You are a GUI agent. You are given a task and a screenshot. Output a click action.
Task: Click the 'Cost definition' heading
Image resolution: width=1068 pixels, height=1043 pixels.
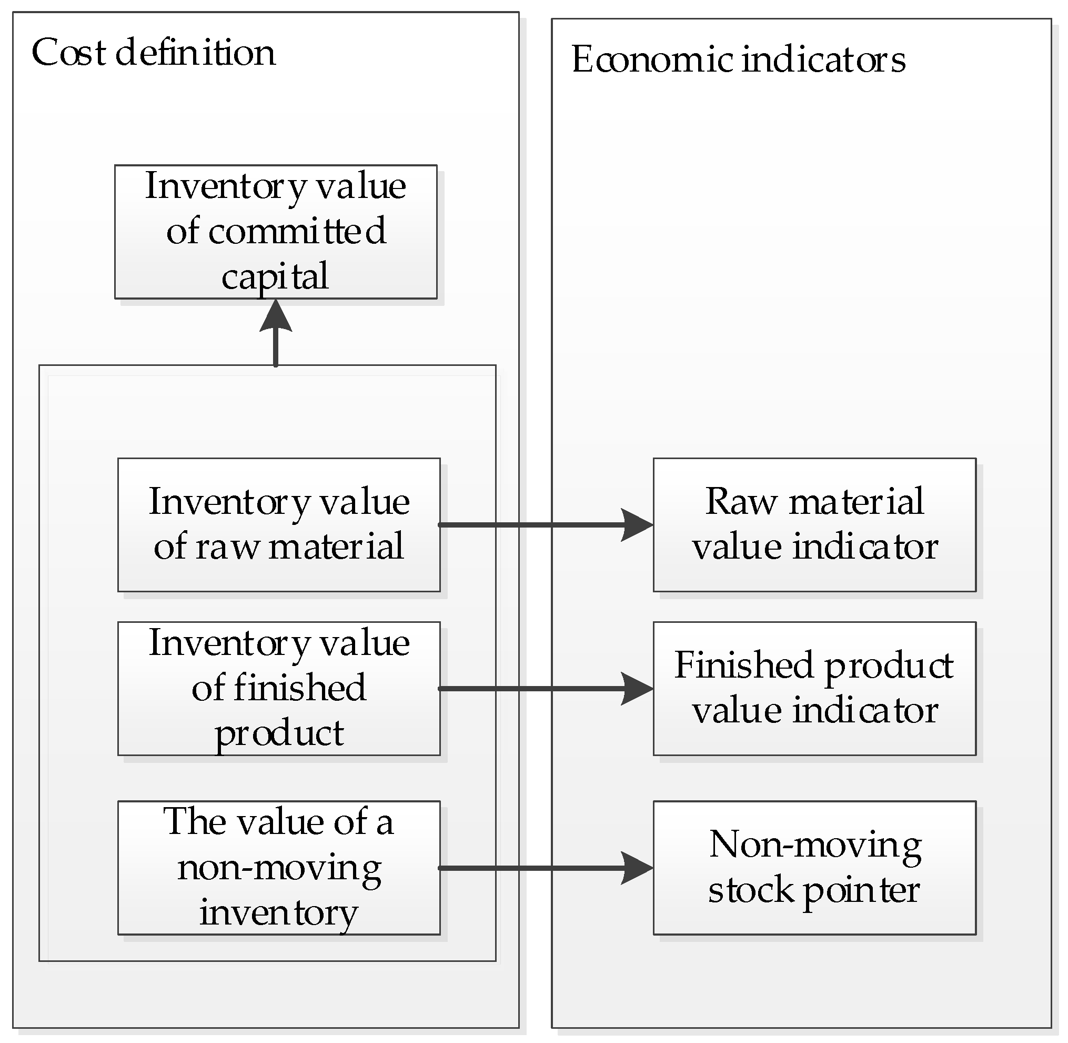(x=153, y=53)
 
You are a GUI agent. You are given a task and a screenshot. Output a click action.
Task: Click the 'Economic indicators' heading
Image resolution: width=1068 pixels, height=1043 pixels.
(x=738, y=59)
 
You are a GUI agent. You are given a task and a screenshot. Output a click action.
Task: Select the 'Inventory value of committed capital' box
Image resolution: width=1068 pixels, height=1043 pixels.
(x=275, y=232)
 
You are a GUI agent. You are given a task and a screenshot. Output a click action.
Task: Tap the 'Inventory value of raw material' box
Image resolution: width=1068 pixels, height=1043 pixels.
(x=279, y=525)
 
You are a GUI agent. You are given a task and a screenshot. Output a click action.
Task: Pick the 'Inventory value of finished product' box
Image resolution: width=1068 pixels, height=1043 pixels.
(x=279, y=688)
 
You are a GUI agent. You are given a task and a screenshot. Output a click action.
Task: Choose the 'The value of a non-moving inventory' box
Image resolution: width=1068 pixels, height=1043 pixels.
(x=279, y=868)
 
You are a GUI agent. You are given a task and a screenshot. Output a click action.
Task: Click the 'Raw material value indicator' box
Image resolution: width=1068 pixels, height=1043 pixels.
(x=814, y=525)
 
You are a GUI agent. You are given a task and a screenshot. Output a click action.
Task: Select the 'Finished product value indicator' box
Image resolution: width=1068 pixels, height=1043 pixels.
(x=814, y=688)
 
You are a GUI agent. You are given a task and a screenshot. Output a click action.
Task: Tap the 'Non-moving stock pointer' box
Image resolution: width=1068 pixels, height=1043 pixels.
(x=814, y=868)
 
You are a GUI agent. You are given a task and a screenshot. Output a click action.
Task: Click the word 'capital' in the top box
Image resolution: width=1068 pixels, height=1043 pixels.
(x=275, y=276)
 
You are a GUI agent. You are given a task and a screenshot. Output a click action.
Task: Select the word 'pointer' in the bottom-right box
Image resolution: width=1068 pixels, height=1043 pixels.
(x=861, y=891)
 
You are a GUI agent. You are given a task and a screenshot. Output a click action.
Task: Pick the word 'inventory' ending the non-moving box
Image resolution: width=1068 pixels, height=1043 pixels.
(x=278, y=913)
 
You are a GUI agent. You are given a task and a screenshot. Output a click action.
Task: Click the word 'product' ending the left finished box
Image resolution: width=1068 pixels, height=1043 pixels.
(x=279, y=733)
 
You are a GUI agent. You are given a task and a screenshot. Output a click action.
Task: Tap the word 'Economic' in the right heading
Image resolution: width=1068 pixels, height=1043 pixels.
(x=652, y=59)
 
